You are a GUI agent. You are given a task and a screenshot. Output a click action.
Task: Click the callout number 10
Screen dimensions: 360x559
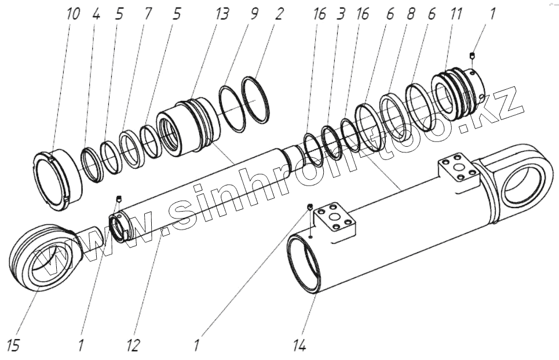(x=74, y=14)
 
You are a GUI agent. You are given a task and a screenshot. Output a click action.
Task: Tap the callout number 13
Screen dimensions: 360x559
(x=222, y=14)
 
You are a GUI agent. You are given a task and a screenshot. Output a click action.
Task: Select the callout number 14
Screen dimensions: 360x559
(x=299, y=346)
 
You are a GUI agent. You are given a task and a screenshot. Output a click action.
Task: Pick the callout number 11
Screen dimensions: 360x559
(x=456, y=14)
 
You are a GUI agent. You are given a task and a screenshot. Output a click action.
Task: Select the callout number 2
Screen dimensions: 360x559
(x=279, y=14)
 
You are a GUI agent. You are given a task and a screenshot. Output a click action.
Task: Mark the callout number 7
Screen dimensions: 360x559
(x=148, y=14)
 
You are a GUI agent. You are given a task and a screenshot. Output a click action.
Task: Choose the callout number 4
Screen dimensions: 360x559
(x=96, y=14)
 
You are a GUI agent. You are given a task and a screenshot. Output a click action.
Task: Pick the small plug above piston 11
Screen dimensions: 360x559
(x=473, y=56)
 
